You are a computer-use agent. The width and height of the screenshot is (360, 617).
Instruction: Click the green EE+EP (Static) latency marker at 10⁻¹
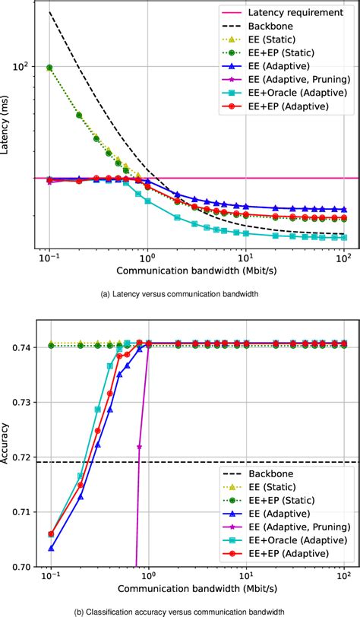click(50, 68)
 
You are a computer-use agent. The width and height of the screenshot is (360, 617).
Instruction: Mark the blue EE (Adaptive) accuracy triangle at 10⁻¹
click(50, 548)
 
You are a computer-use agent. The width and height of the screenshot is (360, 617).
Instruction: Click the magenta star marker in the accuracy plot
click(139, 448)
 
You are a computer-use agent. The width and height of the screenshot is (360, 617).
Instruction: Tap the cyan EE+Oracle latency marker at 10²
click(344, 238)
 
